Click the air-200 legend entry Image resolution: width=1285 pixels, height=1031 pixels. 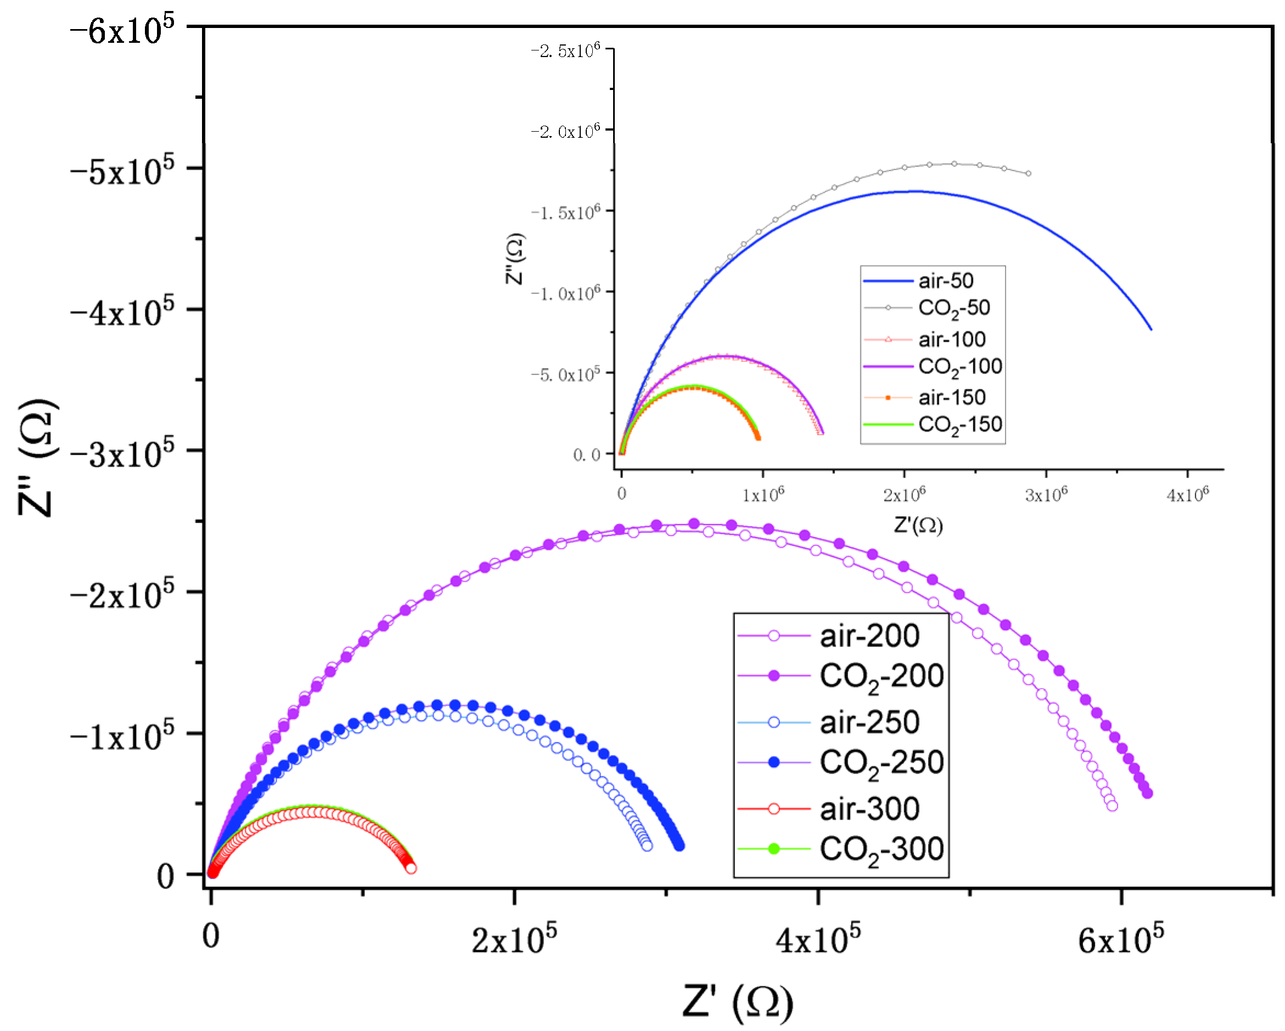[x=869, y=636]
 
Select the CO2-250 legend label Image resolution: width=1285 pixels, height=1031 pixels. [x=881, y=763]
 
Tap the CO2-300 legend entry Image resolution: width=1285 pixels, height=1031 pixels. [x=881, y=850]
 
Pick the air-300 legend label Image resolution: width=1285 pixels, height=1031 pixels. [x=869, y=809]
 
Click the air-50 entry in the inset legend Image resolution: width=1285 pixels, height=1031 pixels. [x=945, y=280]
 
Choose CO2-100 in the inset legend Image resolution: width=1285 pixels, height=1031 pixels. [x=959, y=367]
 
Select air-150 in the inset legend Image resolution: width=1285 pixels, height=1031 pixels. [x=951, y=397]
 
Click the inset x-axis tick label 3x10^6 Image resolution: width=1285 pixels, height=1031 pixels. [x=1046, y=494]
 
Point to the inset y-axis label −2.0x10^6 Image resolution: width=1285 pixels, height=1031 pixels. [x=565, y=131]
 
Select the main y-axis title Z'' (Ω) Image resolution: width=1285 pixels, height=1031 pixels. [x=37, y=458]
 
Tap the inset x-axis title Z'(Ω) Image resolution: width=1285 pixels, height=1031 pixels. [x=918, y=525]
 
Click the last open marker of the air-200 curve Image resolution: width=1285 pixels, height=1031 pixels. [x=1112, y=806]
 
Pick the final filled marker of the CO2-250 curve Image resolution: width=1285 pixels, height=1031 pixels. [x=680, y=846]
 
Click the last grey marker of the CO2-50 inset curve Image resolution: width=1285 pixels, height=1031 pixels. [x=1029, y=174]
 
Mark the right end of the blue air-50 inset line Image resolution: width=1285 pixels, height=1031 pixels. [x=1151, y=329]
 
